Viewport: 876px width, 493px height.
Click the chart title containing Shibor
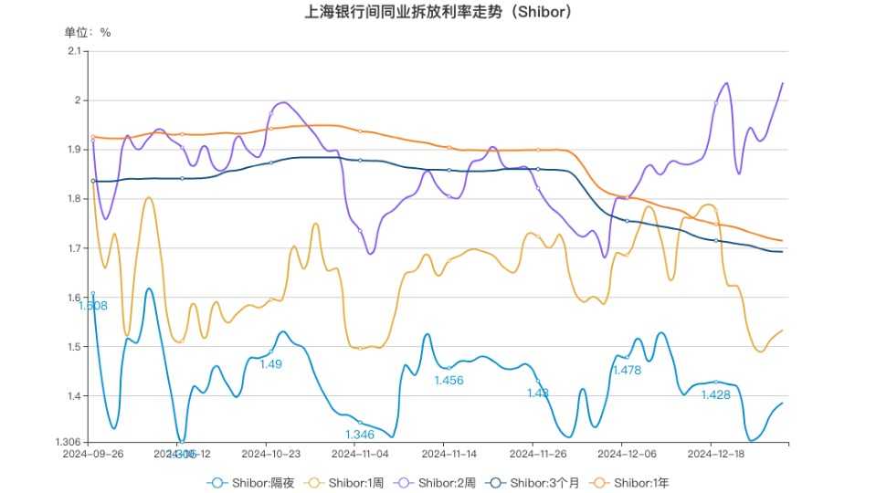point(438,13)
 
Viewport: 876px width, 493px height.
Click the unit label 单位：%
point(88,32)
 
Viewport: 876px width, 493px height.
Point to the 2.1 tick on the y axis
point(76,50)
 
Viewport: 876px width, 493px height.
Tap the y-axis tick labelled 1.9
point(76,149)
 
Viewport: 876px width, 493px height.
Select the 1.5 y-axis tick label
point(76,347)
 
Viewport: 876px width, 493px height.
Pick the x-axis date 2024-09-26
point(93,453)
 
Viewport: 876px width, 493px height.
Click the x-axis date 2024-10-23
point(271,453)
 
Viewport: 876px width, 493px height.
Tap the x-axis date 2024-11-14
point(449,453)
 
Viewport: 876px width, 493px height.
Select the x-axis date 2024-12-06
point(627,453)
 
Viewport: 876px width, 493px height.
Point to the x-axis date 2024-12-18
point(715,453)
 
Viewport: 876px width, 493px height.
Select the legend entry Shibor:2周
point(442,482)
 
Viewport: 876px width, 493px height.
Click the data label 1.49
point(271,363)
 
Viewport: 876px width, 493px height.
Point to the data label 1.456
point(449,380)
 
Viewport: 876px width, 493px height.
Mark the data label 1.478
point(627,370)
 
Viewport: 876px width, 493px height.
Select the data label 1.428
point(715,394)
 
